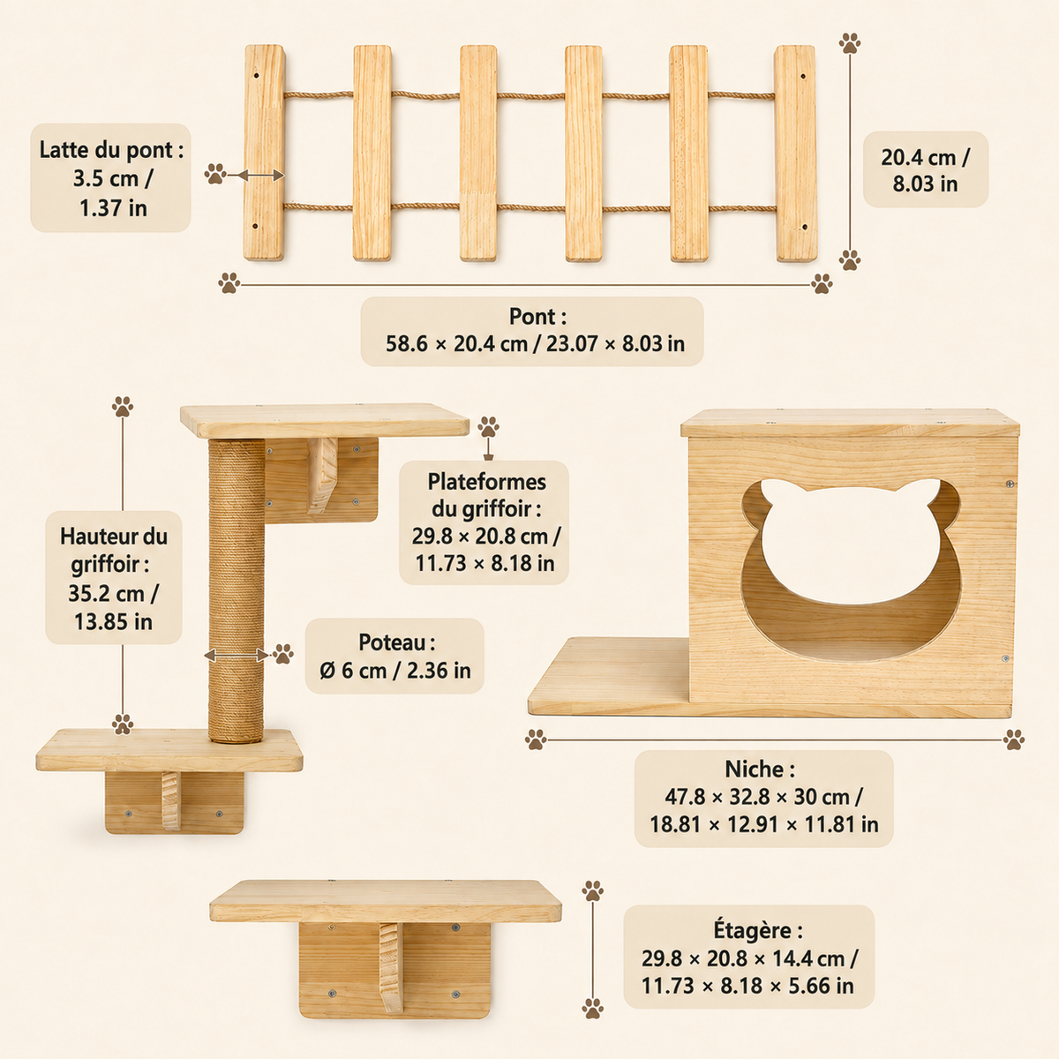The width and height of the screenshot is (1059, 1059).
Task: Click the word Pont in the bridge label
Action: coord(530,317)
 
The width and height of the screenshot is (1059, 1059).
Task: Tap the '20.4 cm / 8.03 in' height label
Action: coord(926,169)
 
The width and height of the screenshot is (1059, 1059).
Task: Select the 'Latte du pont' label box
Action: coord(110,177)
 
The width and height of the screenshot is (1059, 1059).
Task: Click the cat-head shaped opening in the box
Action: coord(851,570)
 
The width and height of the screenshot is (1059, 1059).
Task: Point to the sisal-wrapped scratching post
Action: coord(237,590)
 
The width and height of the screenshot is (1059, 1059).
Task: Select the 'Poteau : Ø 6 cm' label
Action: coord(394,657)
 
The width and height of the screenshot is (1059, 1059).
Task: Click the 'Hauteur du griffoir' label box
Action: coord(114,577)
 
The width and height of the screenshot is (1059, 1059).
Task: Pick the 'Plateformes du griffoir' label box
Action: coord(484,522)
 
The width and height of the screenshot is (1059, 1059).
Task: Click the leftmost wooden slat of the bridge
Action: coord(265,152)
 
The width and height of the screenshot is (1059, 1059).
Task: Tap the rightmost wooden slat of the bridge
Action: coord(795,154)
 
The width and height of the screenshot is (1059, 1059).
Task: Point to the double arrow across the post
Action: coord(237,655)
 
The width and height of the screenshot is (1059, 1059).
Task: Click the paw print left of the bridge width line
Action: coord(229,283)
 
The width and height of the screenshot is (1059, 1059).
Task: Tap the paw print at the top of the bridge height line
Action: coord(850,43)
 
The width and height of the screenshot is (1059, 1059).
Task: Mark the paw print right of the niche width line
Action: coord(1013,740)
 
